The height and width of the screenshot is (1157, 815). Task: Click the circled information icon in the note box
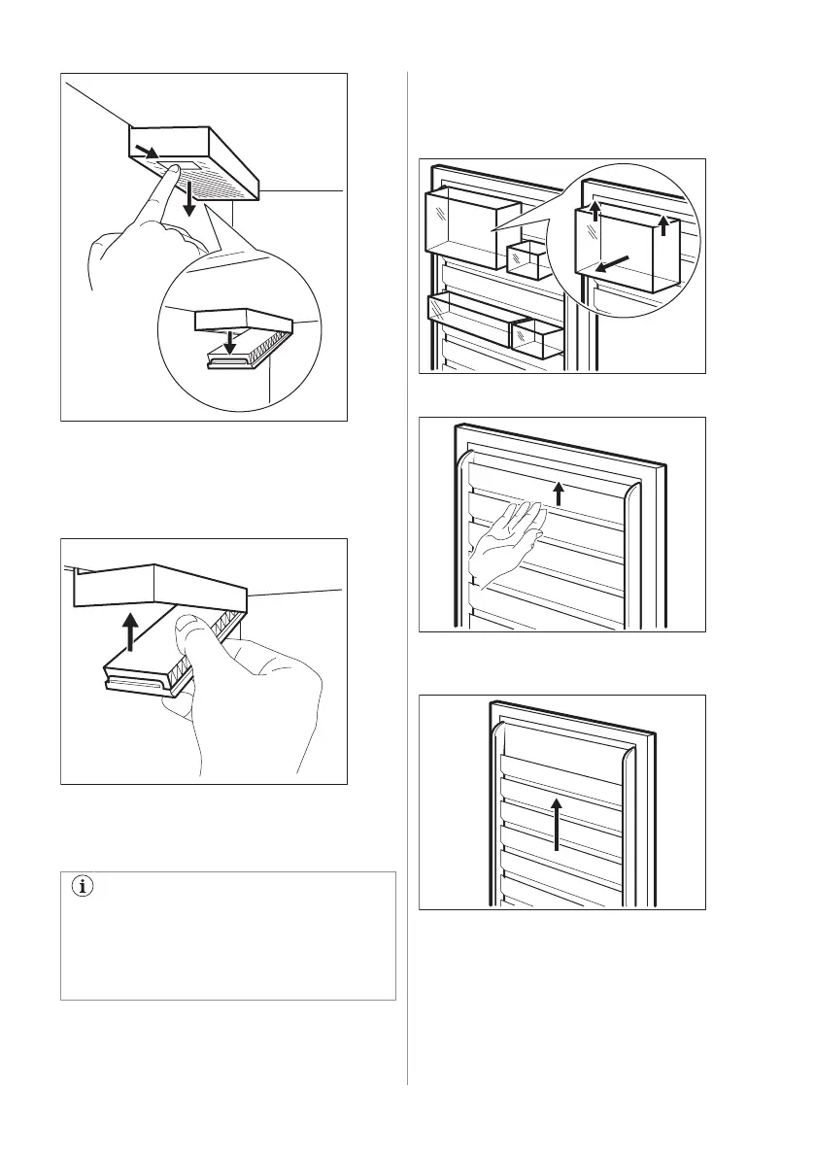click(82, 889)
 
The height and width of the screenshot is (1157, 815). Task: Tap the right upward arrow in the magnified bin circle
click(663, 225)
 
